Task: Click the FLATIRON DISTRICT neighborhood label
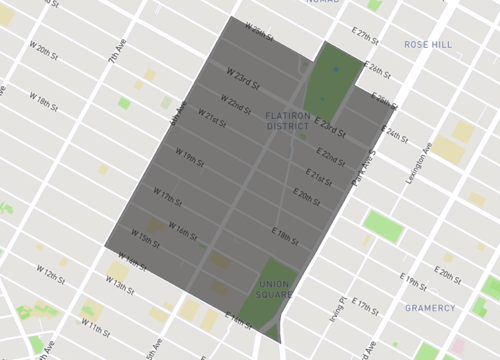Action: (x=293, y=121)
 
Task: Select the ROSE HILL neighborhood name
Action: (x=428, y=45)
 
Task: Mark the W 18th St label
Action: (x=45, y=103)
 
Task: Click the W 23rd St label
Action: (x=242, y=76)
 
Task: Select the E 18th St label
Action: (x=285, y=236)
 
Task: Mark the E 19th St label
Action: (x=413, y=278)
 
